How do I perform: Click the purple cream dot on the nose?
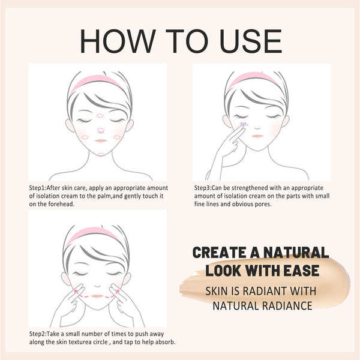click(244, 123)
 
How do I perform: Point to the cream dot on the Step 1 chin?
click(101, 154)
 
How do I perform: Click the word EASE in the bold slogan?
click(299, 270)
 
